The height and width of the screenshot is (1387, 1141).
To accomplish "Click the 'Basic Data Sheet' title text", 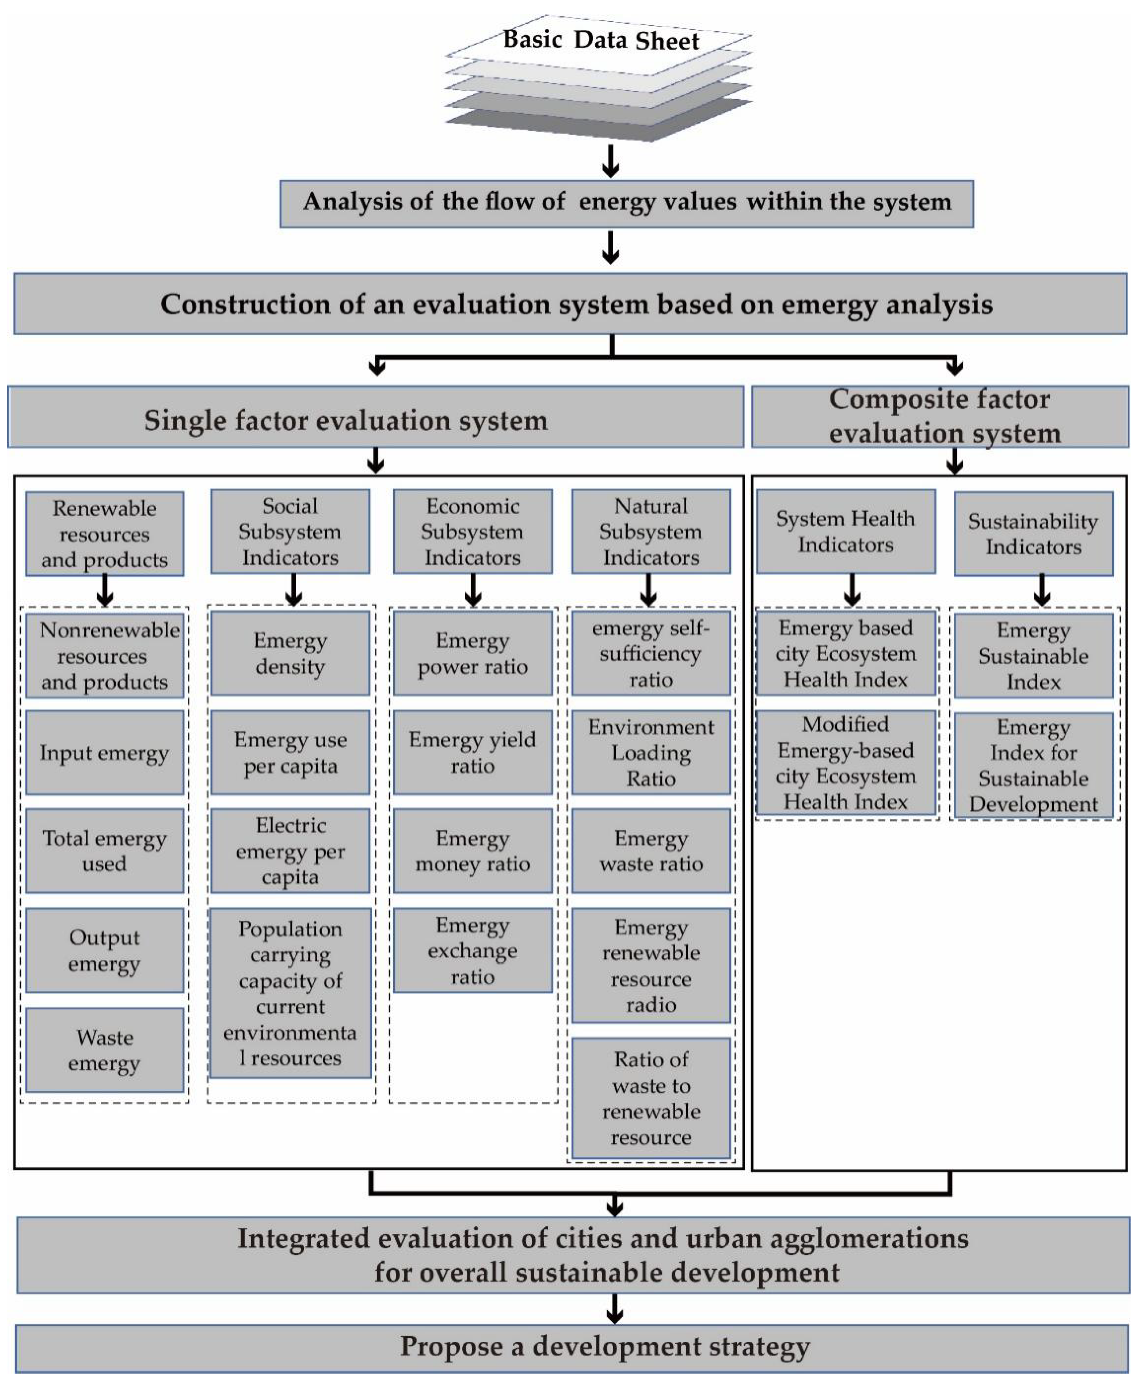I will point(601,40).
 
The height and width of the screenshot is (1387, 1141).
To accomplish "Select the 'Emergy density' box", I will point(290,653).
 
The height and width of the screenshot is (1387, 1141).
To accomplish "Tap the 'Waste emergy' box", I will point(105,1050).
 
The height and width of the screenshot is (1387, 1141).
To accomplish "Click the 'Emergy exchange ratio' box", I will point(472,950).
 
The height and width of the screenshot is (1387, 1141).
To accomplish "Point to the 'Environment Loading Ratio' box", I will point(651,752).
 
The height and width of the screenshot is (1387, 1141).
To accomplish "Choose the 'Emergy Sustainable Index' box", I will point(1033,656).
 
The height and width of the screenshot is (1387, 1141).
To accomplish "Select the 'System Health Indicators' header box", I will point(845,531).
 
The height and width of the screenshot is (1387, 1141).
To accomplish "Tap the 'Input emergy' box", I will point(105,752).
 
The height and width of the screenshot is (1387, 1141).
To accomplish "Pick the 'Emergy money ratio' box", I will point(472,851).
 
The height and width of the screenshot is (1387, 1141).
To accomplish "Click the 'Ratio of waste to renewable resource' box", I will point(651,1098).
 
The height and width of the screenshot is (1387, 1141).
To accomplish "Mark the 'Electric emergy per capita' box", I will point(290,851).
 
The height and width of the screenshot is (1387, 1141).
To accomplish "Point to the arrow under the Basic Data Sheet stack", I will point(611,162).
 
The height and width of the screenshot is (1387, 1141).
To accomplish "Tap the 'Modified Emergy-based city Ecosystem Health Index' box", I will point(845,763).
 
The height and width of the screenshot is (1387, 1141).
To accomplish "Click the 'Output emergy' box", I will point(105,950).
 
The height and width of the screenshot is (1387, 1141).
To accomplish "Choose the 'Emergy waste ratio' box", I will point(651,851).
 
